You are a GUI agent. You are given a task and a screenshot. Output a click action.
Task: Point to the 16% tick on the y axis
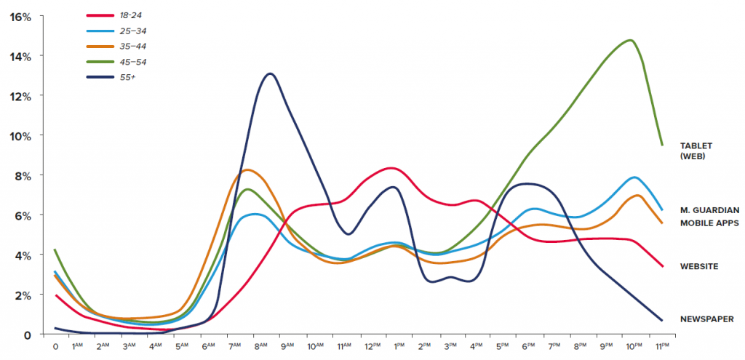[x=21, y=16]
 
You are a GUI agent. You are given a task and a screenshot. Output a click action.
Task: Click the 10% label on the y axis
[x=21, y=135]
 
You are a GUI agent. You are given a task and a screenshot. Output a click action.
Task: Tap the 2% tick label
[x=24, y=295]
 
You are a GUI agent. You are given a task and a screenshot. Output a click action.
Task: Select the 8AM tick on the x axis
[x=260, y=347]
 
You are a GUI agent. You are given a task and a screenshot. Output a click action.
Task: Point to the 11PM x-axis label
[x=663, y=347]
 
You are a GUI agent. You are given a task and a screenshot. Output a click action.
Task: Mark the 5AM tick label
[x=182, y=347]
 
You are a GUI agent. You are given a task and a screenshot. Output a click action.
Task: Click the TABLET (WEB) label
[x=699, y=150]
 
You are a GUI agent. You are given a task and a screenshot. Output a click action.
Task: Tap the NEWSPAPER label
[x=706, y=319]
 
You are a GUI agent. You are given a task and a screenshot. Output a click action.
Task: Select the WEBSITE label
[x=699, y=266]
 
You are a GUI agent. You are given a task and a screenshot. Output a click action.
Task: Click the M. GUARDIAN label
[x=709, y=210]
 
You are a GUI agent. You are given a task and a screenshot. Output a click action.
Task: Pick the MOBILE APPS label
[x=709, y=223]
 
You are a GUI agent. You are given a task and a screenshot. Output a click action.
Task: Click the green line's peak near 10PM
[x=630, y=40]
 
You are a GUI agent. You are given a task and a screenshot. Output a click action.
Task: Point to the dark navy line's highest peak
[x=270, y=73]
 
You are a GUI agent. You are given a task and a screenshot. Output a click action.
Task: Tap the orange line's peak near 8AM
[x=248, y=169]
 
